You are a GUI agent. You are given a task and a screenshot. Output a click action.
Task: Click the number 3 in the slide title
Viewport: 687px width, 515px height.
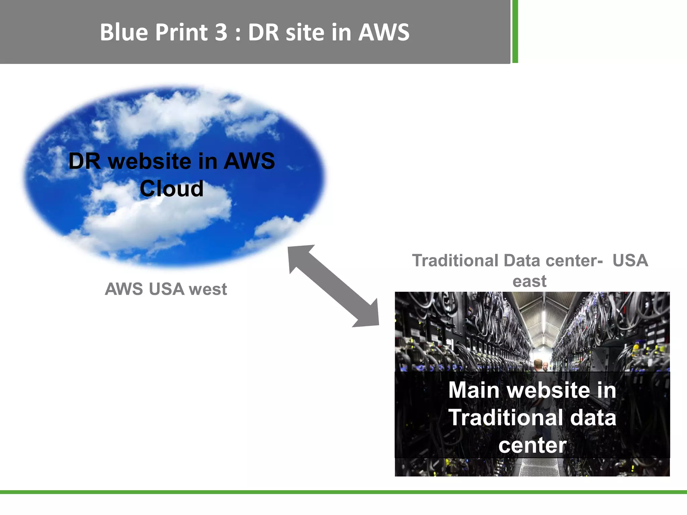(221, 33)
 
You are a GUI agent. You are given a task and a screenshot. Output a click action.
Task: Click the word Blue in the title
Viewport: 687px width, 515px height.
(124, 33)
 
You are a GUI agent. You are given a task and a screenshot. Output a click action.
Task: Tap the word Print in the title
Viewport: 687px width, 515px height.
(181, 33)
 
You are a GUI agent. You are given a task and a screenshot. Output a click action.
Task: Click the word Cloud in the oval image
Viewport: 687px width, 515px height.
(171, 188)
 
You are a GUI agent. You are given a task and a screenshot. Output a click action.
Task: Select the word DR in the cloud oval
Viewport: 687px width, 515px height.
(85, 161)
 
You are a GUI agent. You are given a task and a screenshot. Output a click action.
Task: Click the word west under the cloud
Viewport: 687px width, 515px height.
(208, 289)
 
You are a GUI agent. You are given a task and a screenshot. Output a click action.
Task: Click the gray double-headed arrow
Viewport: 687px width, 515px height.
(333, 286)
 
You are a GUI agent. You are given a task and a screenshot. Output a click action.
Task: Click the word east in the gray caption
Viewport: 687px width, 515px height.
(529, 281)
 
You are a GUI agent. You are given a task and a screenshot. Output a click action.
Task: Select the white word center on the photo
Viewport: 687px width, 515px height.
(532, 445)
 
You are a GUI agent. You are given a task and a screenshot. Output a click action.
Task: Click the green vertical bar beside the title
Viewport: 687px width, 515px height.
(515, 31)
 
